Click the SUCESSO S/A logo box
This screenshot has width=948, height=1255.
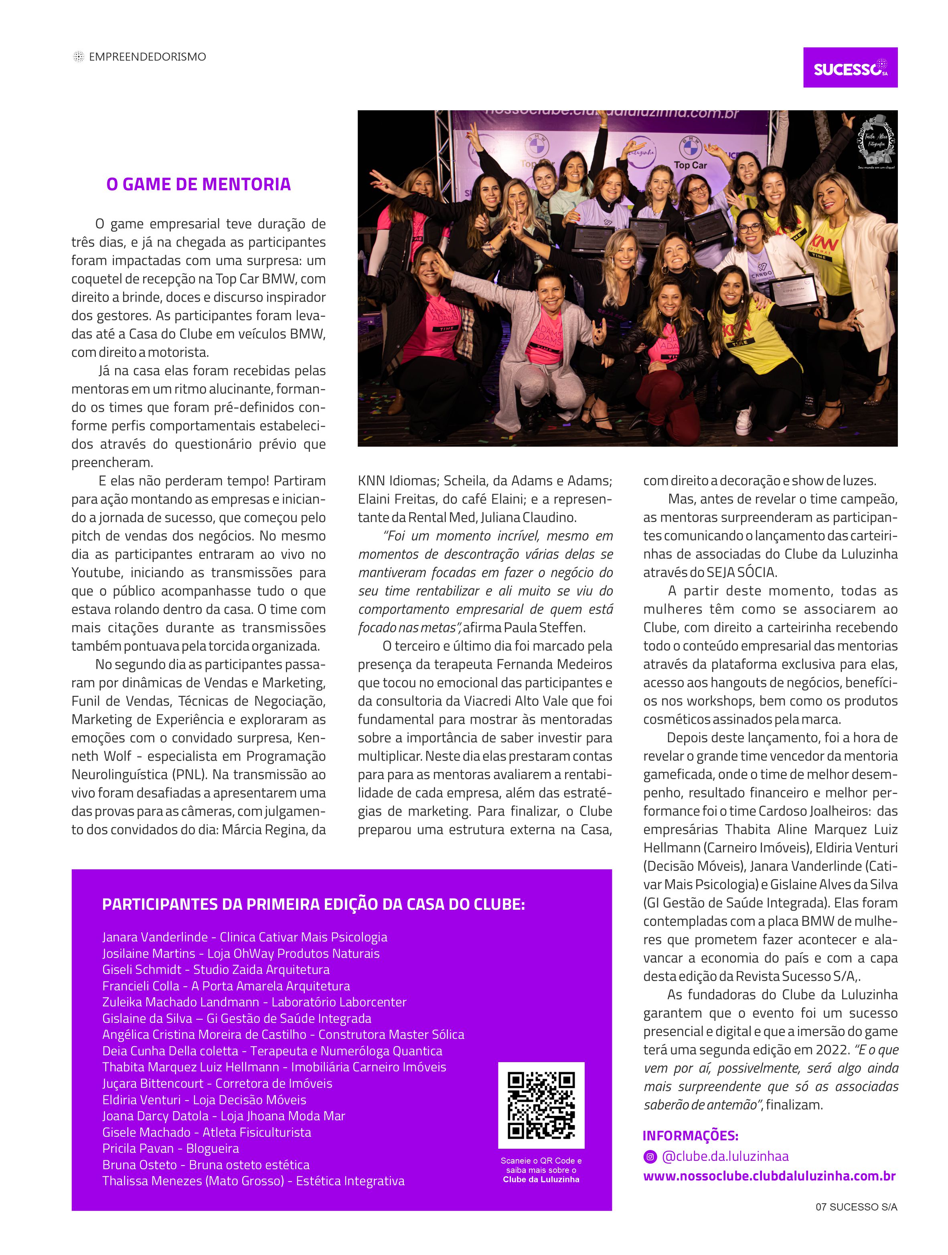click(x=849, y=67)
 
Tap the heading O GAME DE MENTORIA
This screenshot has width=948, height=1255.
click(x=198, y=184)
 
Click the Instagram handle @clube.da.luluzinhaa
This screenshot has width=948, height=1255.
click(x=725, y=1156)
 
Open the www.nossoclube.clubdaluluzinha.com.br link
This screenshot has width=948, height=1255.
click(x=769, y=1176)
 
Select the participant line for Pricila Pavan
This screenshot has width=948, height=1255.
click(x=170, y=1148)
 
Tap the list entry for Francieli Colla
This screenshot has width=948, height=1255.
click(x=226, y=986)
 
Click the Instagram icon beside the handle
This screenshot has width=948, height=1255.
click(x=650, y=1156)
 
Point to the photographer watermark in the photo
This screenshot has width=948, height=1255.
click(x=875, y=142)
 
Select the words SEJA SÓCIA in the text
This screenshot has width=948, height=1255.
click(x=741, y=573)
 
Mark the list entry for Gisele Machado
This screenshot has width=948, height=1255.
click(x=207, y=1132)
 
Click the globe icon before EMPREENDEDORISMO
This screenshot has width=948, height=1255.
click(x=78, y=57)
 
